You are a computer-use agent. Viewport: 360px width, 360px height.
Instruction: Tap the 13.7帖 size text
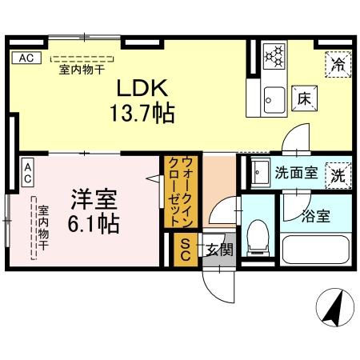(144, 113)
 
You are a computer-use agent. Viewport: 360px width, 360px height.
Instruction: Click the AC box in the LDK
(26, 58)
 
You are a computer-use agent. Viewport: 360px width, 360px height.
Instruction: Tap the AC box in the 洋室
(27, 168)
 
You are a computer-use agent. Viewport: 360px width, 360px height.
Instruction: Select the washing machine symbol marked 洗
(338, 173)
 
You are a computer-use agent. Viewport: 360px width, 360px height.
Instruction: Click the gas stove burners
(274, 56)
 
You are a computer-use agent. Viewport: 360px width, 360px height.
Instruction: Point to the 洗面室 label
(297, 172)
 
